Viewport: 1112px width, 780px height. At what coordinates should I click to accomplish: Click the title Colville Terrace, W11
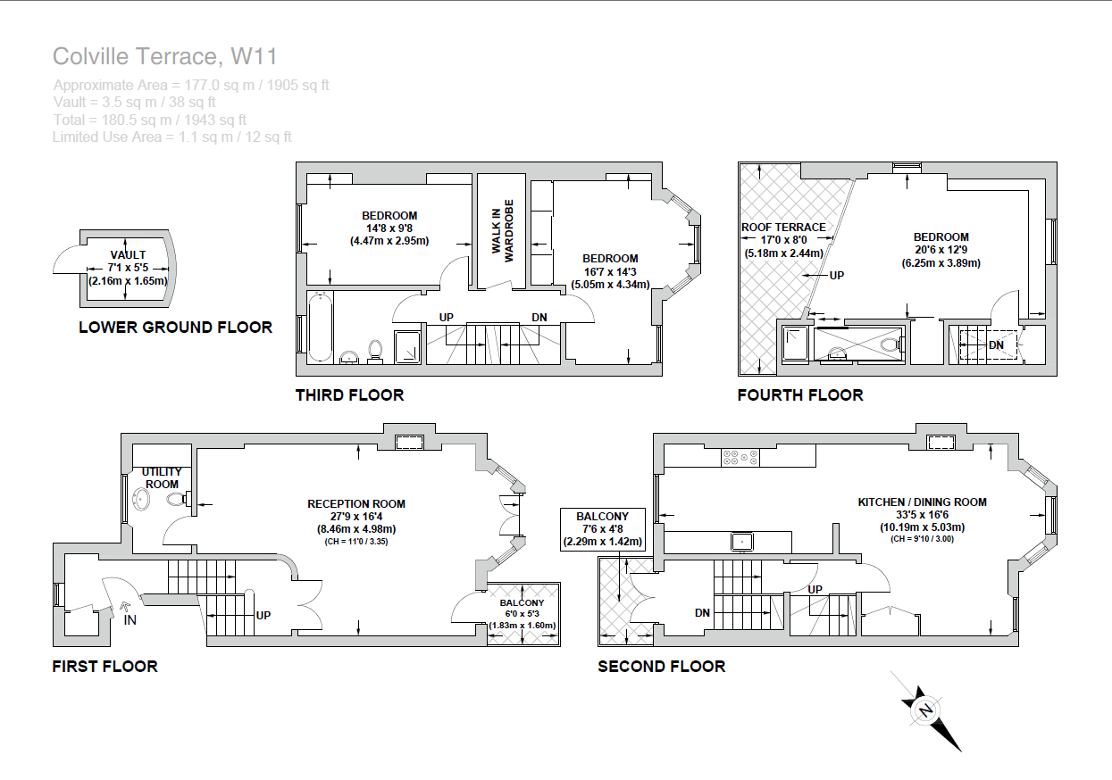(165, 57)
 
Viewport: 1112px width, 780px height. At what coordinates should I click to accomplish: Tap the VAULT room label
(127, 255)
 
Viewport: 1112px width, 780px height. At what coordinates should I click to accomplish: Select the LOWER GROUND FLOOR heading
(175, 328)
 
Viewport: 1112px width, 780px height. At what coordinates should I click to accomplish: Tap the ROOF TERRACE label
(783, 228)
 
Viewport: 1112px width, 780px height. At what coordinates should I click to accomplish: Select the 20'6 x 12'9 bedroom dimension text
(941, 250)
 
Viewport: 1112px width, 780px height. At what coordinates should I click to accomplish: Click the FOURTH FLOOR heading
(799, 395)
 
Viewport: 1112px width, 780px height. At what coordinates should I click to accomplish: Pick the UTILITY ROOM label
(162, 477)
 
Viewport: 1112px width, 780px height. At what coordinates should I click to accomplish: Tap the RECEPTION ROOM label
(355, 504)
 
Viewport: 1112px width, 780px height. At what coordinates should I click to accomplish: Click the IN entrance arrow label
(129, 619)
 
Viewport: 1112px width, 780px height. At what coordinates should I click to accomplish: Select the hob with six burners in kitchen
(740, 457)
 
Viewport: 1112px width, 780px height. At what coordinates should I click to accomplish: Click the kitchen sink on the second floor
(741, 541)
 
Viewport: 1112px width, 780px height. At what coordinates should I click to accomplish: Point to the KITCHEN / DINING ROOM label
(922, 502)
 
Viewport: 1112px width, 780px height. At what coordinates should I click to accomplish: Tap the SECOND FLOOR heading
(661, 667)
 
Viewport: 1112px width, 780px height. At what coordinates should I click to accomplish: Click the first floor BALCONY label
(523, 603)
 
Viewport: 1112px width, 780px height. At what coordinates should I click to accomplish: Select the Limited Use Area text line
(172, 137)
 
